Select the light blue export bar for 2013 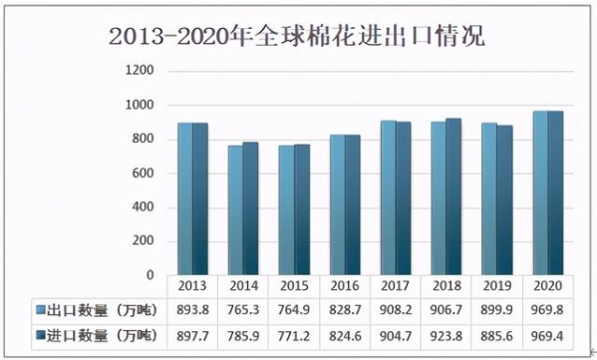(185, 198)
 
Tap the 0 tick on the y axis (149, 275)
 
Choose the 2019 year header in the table (496, 284)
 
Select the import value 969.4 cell (547, 334)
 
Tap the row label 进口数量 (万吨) (97, 334)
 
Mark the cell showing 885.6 (496, 334)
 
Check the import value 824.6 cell (345, 334)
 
